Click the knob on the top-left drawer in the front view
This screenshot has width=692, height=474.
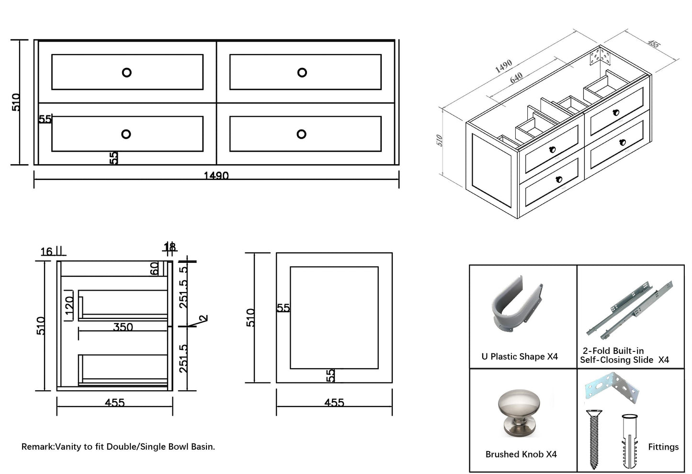126,72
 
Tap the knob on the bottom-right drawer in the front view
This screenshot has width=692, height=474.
301,134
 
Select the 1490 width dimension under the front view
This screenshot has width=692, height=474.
216,176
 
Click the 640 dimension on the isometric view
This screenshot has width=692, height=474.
516,78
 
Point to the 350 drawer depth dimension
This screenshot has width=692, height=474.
123,327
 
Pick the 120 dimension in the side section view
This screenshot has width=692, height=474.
69,307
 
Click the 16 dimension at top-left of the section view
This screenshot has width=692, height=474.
46,252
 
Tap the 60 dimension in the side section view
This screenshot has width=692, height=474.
155,269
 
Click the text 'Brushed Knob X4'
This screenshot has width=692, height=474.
521,454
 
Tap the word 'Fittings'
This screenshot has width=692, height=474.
663,447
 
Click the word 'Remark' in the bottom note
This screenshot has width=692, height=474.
37,447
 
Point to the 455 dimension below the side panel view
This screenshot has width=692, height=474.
334,403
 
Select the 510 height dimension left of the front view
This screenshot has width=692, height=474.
16,102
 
